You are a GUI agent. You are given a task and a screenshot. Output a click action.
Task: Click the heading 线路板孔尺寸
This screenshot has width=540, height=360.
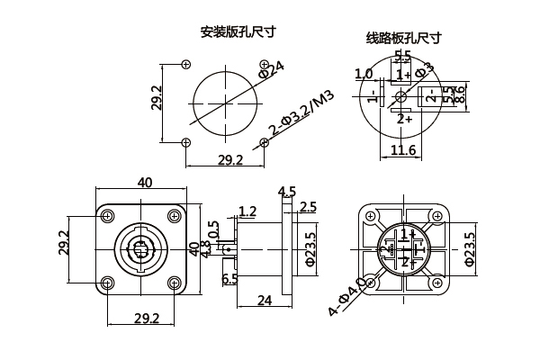(403, 38)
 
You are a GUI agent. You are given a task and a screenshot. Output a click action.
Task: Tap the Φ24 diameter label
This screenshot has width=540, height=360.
(272, 69)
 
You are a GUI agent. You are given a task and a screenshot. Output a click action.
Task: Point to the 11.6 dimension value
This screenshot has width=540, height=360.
(403, 150)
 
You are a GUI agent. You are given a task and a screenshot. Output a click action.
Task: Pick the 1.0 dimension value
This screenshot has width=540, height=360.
(364, 74)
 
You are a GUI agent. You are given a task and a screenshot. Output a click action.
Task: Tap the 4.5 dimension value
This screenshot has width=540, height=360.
(287, 191)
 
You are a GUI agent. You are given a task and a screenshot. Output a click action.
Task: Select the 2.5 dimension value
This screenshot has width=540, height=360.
(308, 208)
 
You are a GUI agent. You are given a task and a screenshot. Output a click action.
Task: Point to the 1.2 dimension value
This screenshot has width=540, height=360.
(247, 211)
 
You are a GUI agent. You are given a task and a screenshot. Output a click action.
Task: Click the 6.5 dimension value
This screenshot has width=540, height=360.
(229, 279)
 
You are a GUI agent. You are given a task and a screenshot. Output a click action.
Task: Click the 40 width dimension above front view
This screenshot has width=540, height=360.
(144, 182)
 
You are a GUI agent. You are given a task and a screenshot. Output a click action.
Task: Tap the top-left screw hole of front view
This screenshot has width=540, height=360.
(109, 216)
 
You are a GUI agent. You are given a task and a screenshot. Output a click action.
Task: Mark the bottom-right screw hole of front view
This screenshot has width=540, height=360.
(174, 283)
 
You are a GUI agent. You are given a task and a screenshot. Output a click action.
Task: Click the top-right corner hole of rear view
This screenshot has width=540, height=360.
(439, 217)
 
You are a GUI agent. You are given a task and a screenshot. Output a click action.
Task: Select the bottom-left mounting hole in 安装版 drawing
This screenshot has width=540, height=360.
(185, 141)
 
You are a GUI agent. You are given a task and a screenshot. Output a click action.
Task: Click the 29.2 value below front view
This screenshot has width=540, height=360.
(145, 319)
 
